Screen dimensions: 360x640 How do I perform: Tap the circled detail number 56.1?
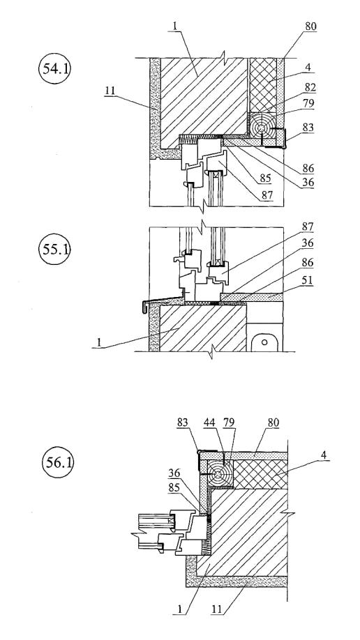(58, 463)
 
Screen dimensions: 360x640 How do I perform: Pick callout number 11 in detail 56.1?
(218, 610)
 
